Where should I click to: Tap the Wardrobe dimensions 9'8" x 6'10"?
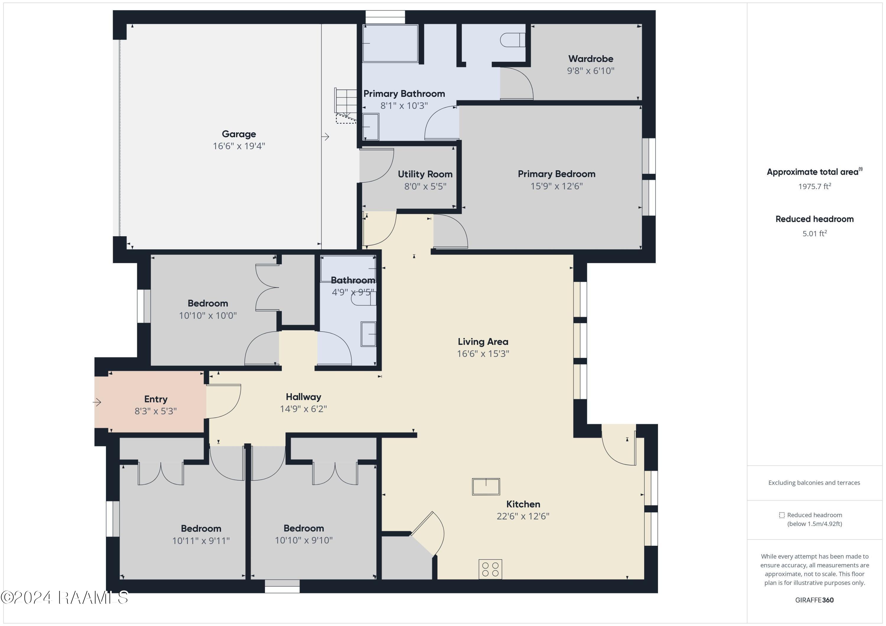click(x=590, y=71)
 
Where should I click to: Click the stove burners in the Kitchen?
click(x=490, y=569)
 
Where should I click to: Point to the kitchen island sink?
click(x=486, y=486)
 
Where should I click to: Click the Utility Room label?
click(x=425, y=174)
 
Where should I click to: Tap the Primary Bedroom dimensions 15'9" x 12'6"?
click(x=556, y=186)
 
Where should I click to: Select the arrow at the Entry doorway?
click(x=97, y=402)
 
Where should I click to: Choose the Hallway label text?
click(x=303, y=397)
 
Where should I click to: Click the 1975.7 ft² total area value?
click(x=814, y=186)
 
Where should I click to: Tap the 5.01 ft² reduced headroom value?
click(x=814, y=234)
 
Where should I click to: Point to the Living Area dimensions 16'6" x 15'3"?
click(x=483, y=354)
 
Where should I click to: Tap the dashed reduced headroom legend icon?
click(x=781, y=515)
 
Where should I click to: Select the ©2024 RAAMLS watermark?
click(x=64, y=597)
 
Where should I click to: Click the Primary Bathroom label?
click(x=404, y=94)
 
